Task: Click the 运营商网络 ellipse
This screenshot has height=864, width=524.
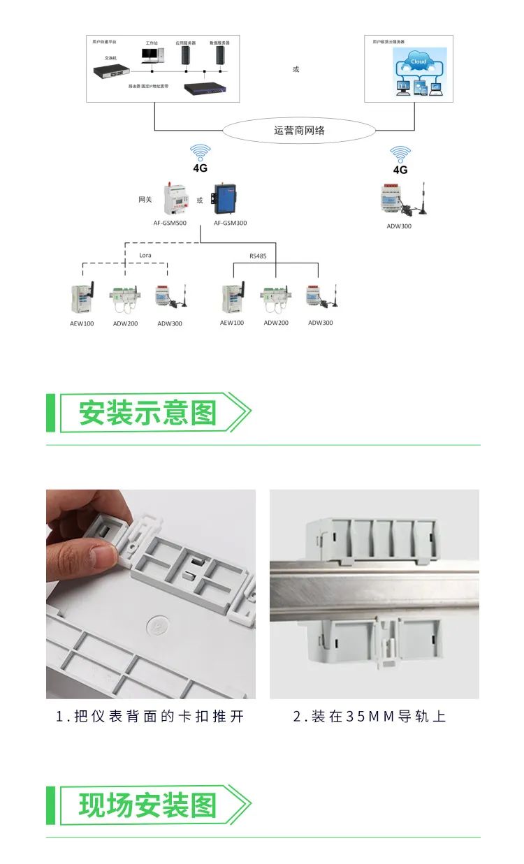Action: pyautogui.click(x=299, y=131)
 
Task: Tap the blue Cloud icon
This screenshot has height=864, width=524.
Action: pyautogui.click(x=419, y=62)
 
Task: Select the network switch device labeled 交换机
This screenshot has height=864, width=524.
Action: pyautogui.click(x=112, y=71)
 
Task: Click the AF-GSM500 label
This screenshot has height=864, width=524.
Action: pyautogui.click(x=170, y=223)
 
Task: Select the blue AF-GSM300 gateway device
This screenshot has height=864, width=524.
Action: pyautogui.click(x=226, y=199)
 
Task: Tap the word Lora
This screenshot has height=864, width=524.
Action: pyautogui.click(x=145, y=256)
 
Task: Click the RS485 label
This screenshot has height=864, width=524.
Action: pyautogui.click(x=258, y=256)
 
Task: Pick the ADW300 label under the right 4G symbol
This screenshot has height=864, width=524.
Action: pyautogui.click(x=399, y=226)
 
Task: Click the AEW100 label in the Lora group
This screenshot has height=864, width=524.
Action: pyautogui.click(x=81, y=323)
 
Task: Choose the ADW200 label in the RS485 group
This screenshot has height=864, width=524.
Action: pyautogui.click(x=276, y=323)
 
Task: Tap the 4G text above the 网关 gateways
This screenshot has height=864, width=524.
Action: pyautogui.click(x=201, y=168)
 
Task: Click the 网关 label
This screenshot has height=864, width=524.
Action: pyautogui.click(x=145, y=200)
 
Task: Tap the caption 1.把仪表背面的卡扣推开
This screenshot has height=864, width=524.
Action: pyautogui.click(x=150, y=717)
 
